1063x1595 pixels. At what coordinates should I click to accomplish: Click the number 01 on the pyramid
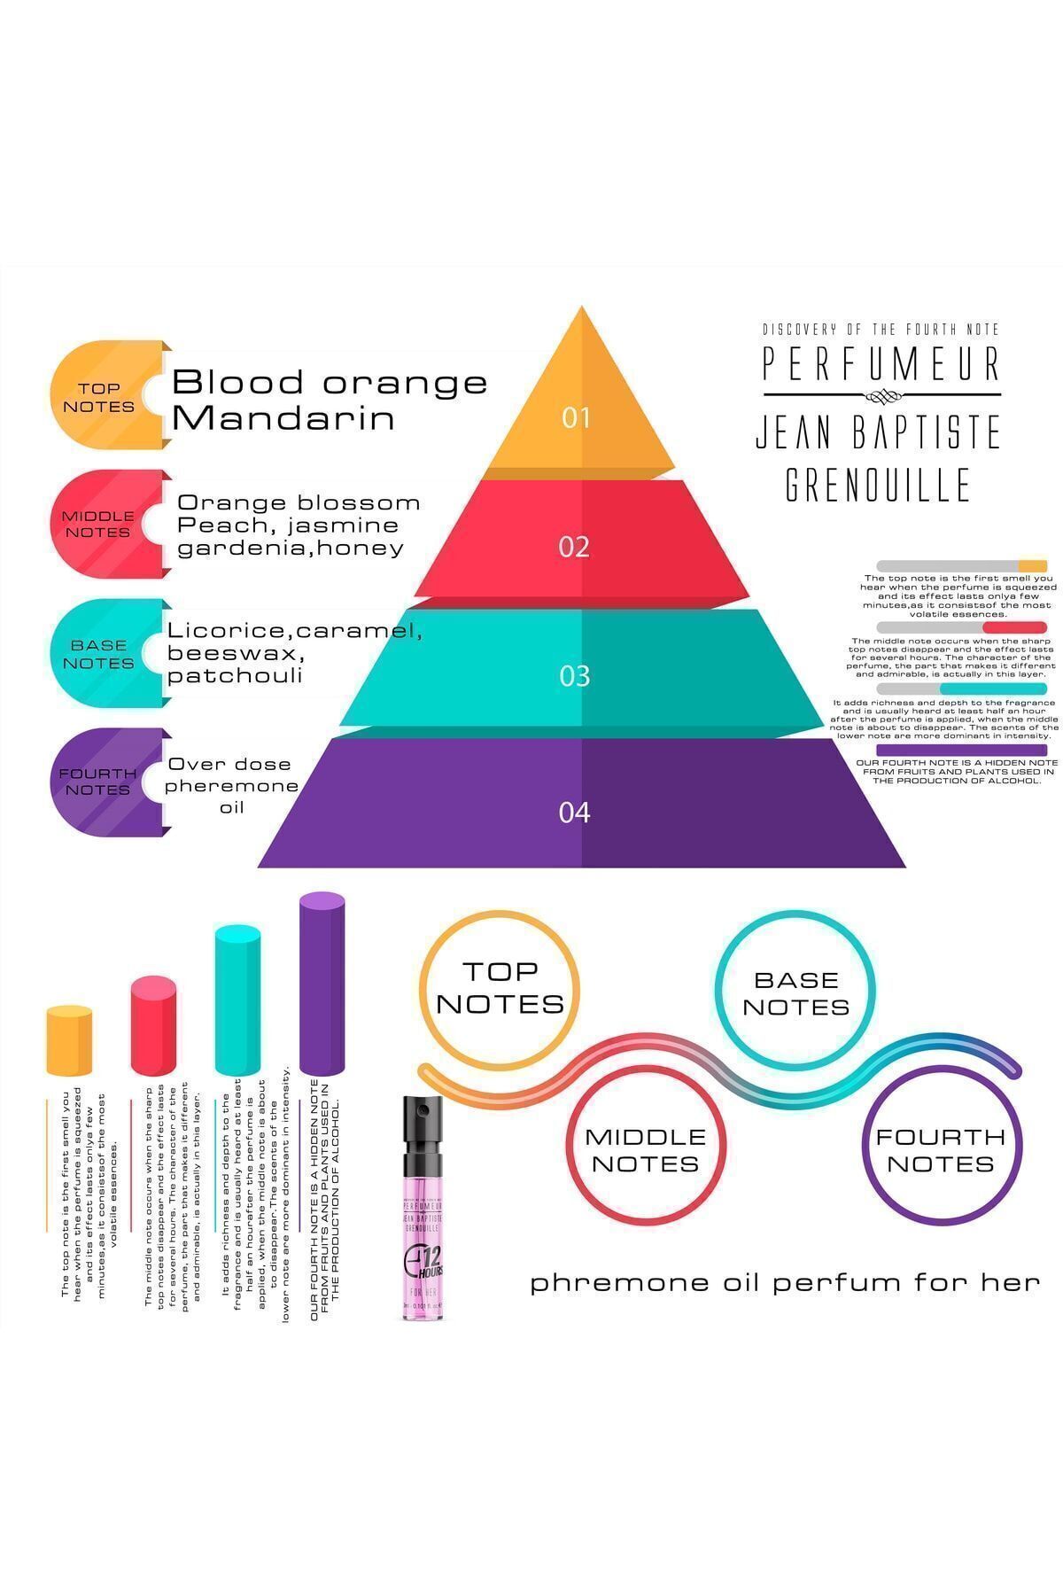(x=575, y=417)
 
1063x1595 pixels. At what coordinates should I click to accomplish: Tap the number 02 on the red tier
(x=574, y=547)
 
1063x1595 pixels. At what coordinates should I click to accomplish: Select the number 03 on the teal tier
(x=574, y=676)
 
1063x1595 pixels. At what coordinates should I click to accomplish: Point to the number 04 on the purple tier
(x=574, y=812)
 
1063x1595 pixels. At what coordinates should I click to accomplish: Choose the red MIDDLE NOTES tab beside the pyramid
(x=98, y=524)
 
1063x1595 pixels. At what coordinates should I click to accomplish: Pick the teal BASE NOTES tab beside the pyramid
(x=98, y=654)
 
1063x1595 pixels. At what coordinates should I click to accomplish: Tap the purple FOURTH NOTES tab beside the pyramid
(x=98, y=782)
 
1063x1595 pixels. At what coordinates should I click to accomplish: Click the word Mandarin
(x=283, y=418)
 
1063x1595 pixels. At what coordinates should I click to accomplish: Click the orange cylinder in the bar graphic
(x=69, y=1041)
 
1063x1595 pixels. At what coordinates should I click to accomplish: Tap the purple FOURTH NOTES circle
(x=941, y=1149)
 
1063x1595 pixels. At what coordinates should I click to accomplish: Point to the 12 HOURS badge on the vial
(x=426, y=1261)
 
